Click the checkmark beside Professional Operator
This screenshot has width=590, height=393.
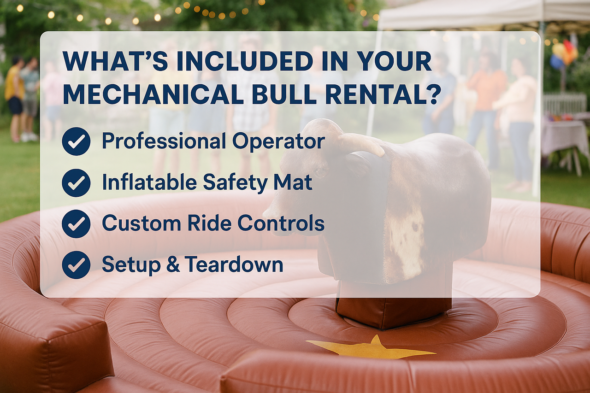pyautogui.click(x=76, y=141)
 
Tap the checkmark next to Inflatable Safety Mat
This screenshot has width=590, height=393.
pyautogui.click(x=76, y=183)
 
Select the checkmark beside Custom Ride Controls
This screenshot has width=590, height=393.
pyautogui.click(x=76, y=224)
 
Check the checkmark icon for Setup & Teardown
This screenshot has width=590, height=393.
pyautogui.click(x=76, y=265)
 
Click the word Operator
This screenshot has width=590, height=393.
pyautogui.click(x=278, y=141)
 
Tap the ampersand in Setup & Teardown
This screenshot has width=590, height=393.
pyautogui.click(x=173, y=264)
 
